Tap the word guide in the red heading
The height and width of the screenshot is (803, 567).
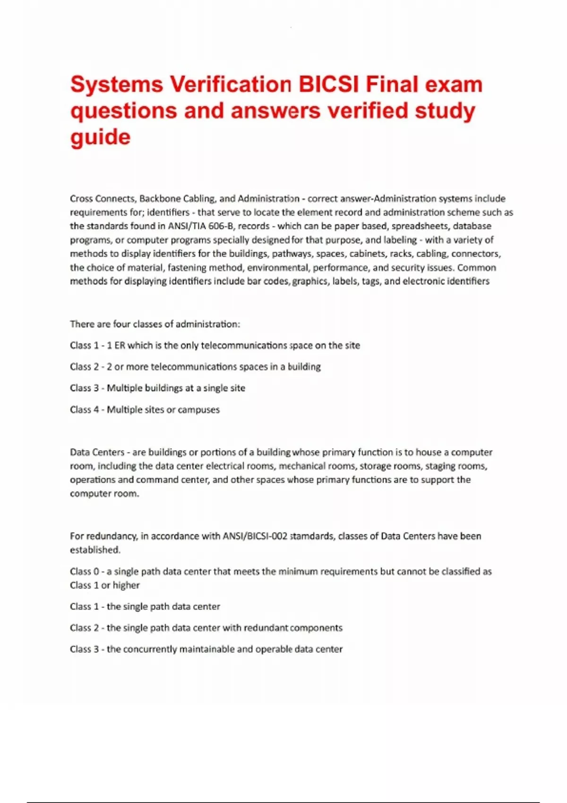click(100, 137)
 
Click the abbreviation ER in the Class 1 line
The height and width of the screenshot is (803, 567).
click(120, 345)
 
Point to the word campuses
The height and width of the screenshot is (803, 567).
click(198, 410)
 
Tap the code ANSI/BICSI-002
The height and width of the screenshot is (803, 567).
click(255, 536)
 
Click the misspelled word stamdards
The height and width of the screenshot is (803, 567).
click(312, 536)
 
